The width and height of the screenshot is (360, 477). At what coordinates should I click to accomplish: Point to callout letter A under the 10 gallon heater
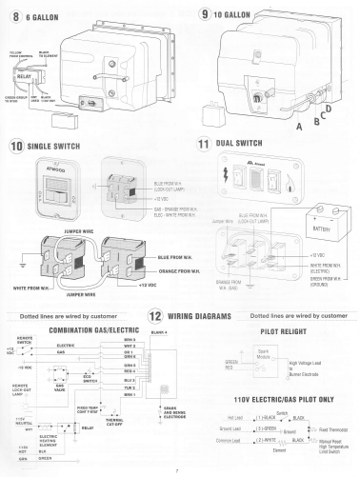point(274,125)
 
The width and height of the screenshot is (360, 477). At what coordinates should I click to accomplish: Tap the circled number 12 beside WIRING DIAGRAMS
point(155,315)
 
